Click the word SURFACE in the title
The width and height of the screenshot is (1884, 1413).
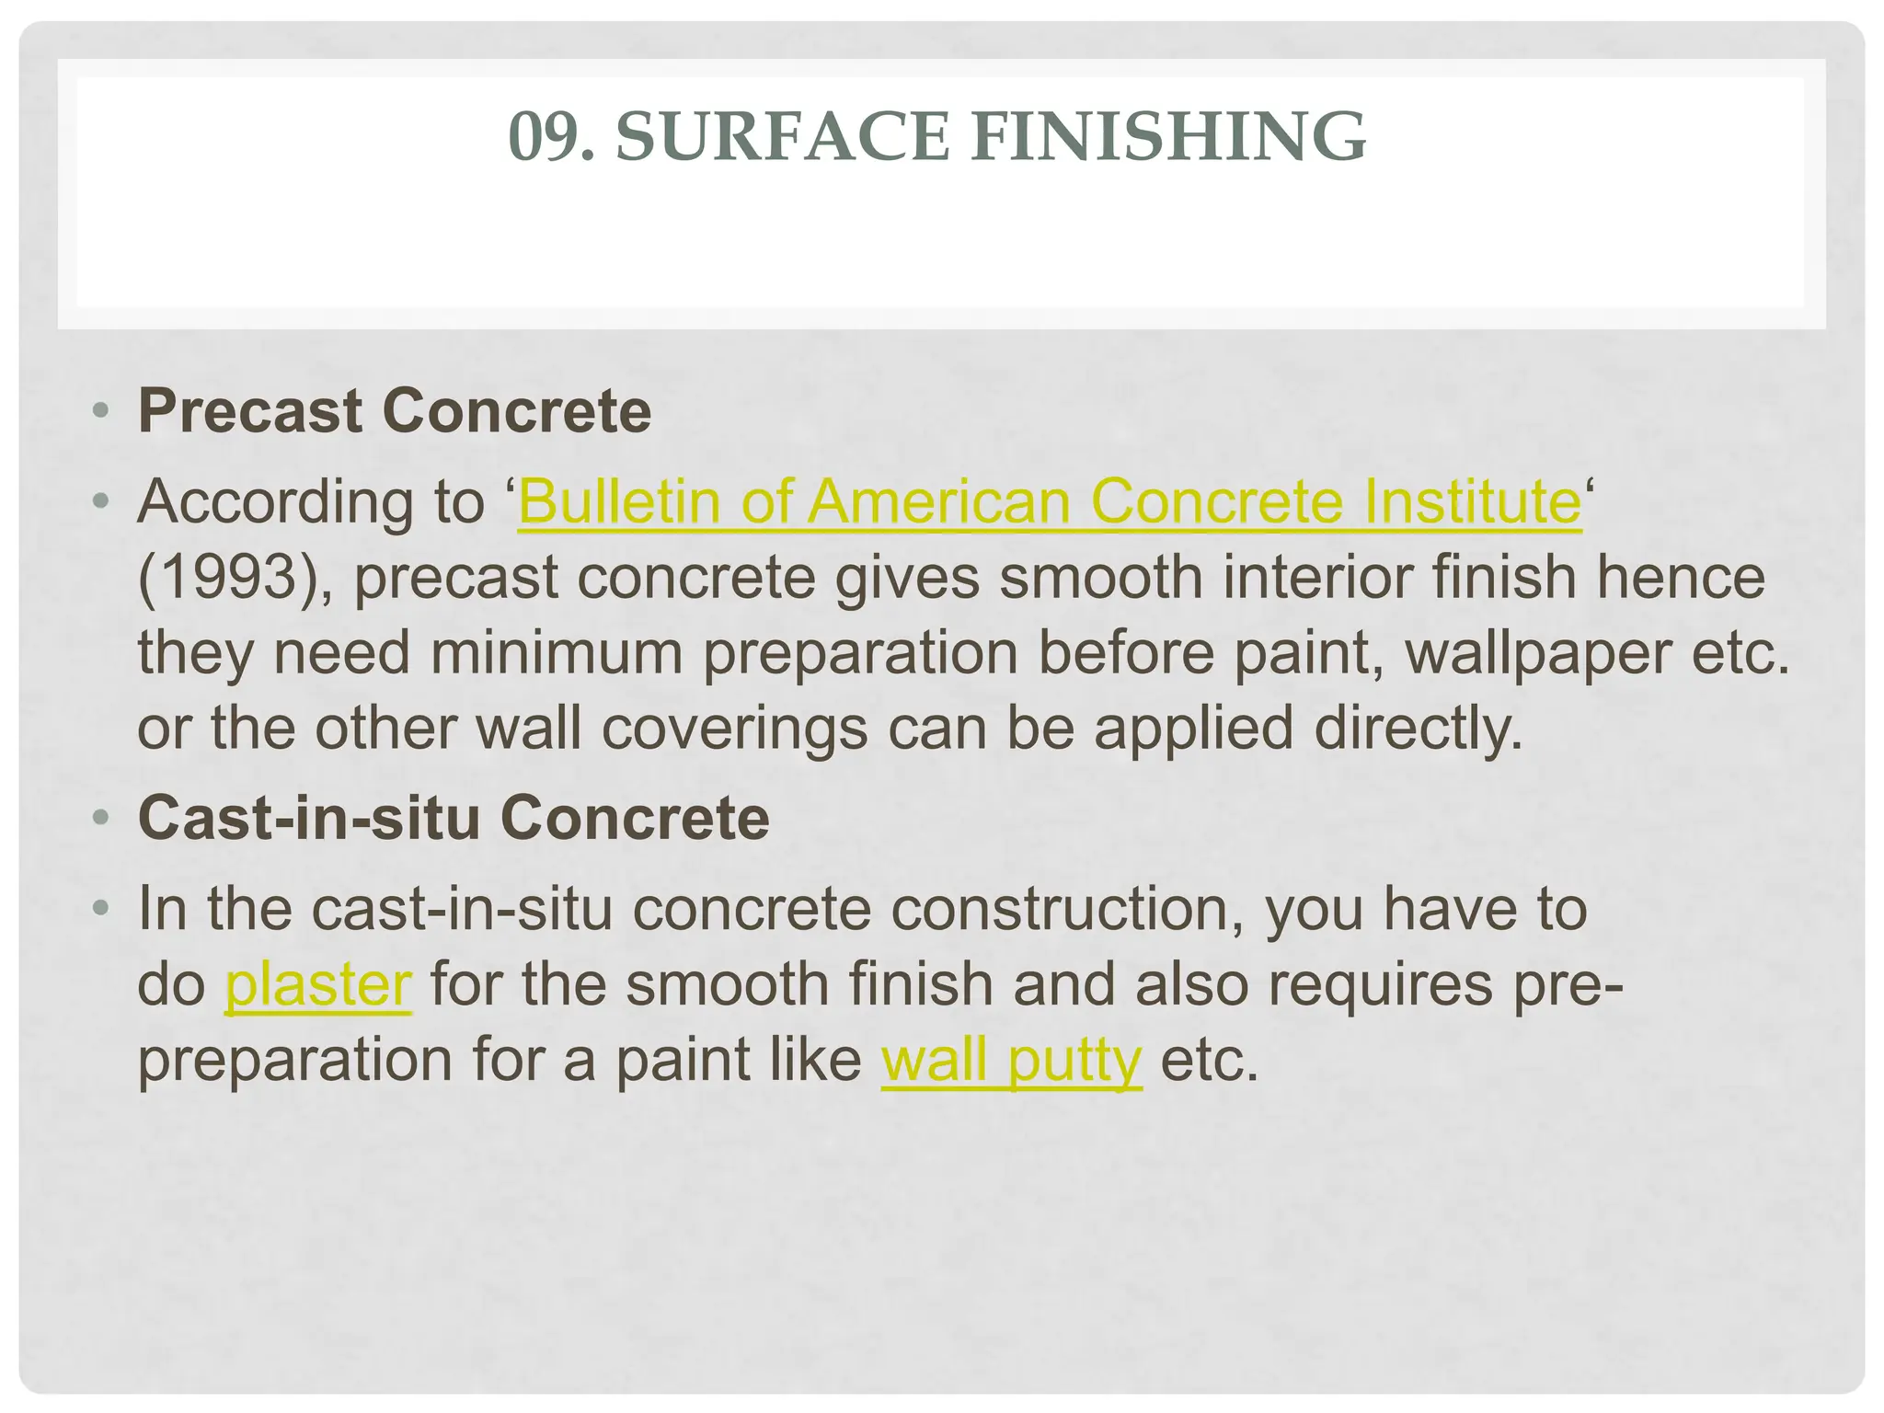(x=782, y=137)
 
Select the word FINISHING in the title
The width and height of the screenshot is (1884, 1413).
(x=1168, y=137)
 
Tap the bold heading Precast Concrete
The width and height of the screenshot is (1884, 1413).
(x=394, y=410)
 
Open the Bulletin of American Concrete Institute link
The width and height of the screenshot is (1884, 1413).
(x=1050, y=502)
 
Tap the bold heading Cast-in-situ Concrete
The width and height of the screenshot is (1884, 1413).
(x=453, y=818)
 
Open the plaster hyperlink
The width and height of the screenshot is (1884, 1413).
(x=318, y=985)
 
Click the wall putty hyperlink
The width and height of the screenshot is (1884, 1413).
(x=1011, y=1061)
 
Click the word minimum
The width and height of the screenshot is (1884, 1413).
(x=556, y=653)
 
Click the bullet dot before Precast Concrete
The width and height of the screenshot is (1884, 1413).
(x=102, y=410)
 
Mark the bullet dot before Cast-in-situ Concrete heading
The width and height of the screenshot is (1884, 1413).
(x=102, y=818)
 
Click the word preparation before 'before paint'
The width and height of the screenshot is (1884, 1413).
(x=860, y=653)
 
